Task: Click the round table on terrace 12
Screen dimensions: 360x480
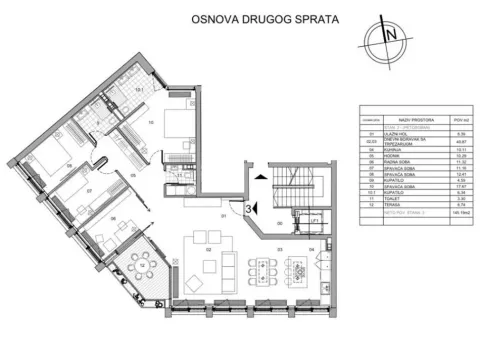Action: (x=141, y=267)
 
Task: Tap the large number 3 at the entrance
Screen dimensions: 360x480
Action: (x=245, y=208)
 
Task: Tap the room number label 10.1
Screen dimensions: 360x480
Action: (x=139, y=90)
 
